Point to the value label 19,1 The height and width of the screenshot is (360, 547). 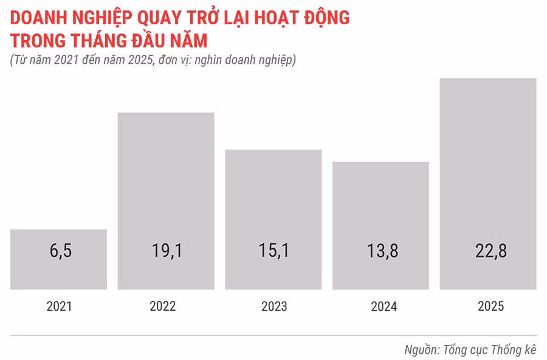166,251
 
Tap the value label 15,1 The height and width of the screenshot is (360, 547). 273,251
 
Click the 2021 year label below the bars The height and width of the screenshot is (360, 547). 59,306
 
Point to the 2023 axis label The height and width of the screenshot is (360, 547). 274,306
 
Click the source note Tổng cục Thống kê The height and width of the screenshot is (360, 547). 489,350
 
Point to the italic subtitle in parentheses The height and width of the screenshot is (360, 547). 153,60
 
